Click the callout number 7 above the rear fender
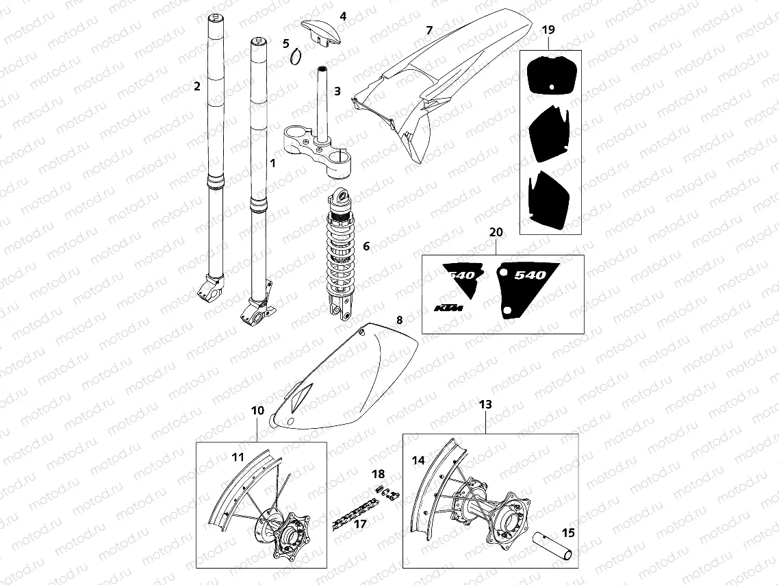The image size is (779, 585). (429, 31)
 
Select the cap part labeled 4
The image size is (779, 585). (320, 32)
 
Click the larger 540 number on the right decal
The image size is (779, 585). (530, 275)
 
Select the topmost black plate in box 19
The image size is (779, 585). (550, 75)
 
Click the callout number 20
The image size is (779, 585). (496, 233)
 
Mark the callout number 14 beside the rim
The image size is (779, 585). (418, 461)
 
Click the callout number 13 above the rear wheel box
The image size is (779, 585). (485, 405)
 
